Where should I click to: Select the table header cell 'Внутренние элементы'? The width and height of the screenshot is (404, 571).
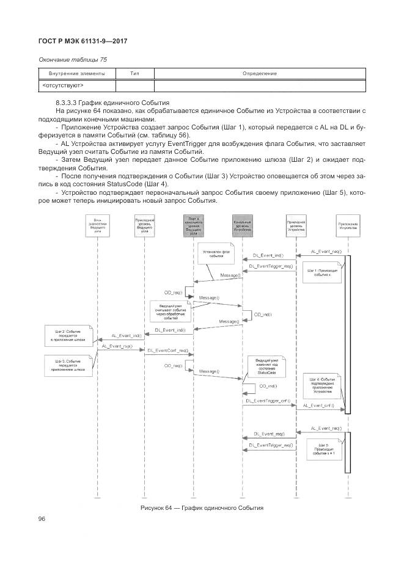point(76,73)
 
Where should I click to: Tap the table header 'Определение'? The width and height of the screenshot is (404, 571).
point(259,73)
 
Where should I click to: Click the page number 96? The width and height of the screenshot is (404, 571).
point(42,518)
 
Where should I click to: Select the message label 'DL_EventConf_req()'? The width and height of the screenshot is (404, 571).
point(166,351)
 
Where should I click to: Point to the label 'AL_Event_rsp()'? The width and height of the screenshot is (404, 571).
point(117,346)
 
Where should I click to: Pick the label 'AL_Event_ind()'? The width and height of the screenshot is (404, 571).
point(126,335)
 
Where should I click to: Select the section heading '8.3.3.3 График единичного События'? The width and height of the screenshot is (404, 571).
point(112,101)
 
